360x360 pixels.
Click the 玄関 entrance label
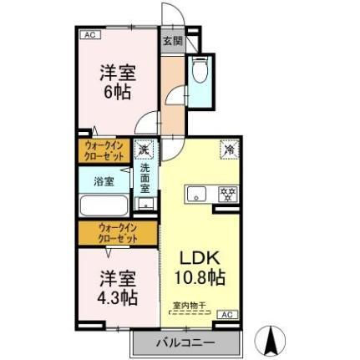coord(171,40)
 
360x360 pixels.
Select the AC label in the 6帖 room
coord(89,34)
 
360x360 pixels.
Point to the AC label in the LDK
coord(226,314)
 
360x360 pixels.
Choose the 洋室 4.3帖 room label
coord(118,286)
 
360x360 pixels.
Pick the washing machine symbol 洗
coord(145,150)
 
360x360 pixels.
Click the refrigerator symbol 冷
coord(227,150)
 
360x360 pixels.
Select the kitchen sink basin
coord(197,195)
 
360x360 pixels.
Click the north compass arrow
coord(271,338)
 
